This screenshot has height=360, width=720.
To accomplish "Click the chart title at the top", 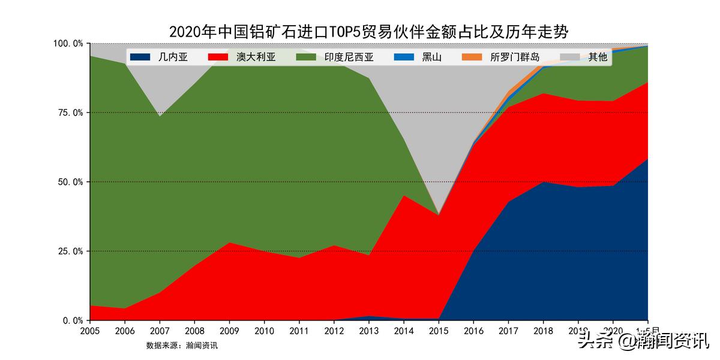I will (368, 31).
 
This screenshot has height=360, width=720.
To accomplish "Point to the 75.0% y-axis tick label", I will (68, 113).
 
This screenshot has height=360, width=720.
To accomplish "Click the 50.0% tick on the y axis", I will (68, 182).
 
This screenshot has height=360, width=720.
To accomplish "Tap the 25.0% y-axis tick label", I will (68, 251).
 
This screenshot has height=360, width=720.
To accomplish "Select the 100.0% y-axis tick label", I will (67, 44).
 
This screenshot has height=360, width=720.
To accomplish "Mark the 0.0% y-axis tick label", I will (71, 320).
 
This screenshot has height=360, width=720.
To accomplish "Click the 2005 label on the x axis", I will (89, 331).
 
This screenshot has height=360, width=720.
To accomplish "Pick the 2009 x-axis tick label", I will (229, 331).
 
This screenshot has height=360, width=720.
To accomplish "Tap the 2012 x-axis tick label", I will (334, 331).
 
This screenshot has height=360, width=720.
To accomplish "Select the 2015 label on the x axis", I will (439, 331).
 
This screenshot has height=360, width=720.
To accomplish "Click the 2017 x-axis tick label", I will (508, 331).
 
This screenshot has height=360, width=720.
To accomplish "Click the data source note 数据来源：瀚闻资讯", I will (182, 346).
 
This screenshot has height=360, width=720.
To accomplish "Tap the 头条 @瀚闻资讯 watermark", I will (643, 343).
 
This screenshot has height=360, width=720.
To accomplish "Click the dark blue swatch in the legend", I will (139, 58).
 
